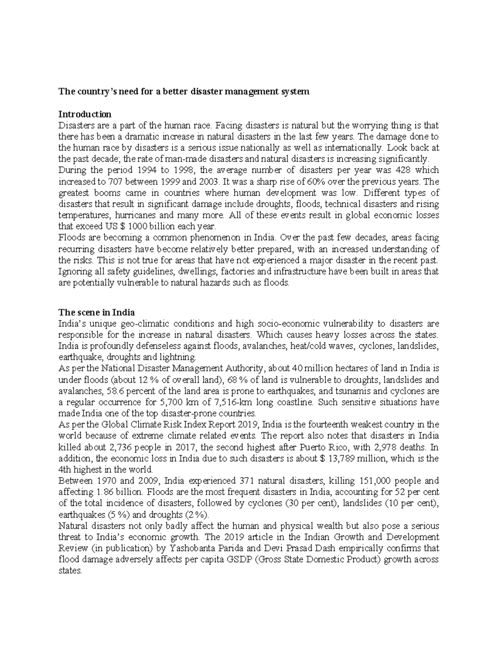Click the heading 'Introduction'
pyautogui.click(x=85, y=114)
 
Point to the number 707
pyautogui.click(x=115, y=181)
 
